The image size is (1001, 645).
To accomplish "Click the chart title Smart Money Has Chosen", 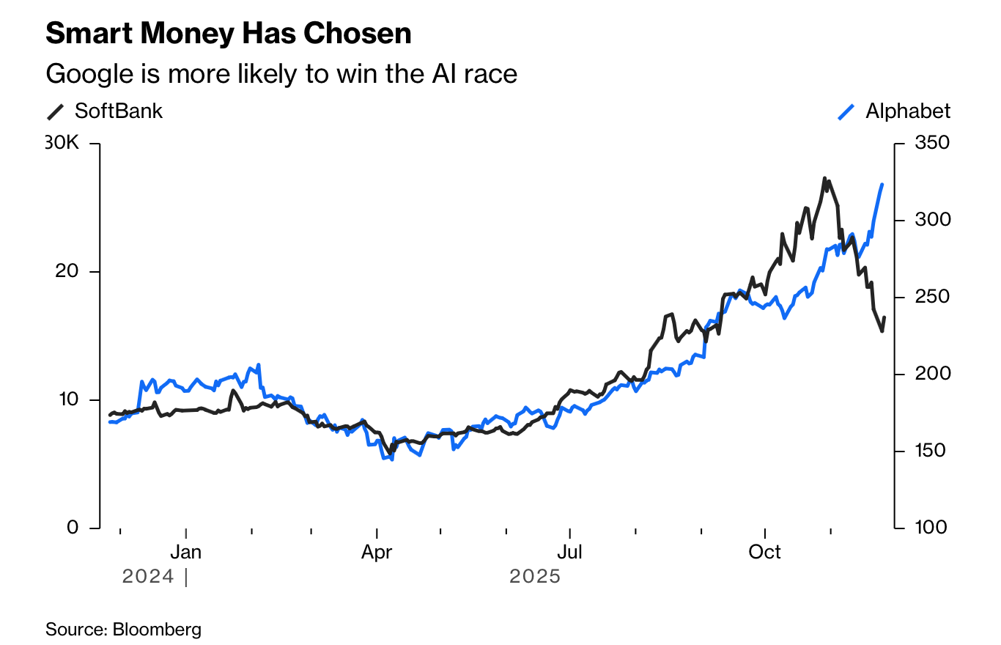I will pyautogui.click(x=228, y=34).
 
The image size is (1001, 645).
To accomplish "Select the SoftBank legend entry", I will pyautogui.click(x=106, y=111).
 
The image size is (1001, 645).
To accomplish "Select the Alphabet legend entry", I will pyautogui.click(x=895, y=111).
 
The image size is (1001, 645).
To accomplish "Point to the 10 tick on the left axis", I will pyautogui.click(x=71, y=399).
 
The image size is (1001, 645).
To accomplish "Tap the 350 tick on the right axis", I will pyautogui.click(x=931, y=143).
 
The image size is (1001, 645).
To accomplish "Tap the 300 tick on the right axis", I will pyautogui.click(x=931, y=220).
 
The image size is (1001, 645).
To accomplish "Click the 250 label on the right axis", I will pyautogui.click(x=931, y=297).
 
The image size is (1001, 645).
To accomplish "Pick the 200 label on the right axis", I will pyautogui.click(x=931, y=374).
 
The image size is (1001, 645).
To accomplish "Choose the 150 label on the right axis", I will pyautogui.click(x=931, y=451).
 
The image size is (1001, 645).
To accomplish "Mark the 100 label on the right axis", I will pyautogui.click(x=931, y=528).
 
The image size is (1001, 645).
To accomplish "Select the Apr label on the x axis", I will pyautogui.click(x=377, y=552).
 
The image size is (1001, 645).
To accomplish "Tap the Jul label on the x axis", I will pyautogui.click(x=569, y=552).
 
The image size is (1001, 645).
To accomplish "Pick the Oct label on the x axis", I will pyautogui.click(x=764, y=552).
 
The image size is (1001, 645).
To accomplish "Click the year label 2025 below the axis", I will pyautogui.click(x=535, y=577).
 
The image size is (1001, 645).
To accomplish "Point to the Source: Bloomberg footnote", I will pyautogui.click(x=123, y=629).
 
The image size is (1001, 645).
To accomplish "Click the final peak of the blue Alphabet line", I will pyautogui.click(x=882, y=185).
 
